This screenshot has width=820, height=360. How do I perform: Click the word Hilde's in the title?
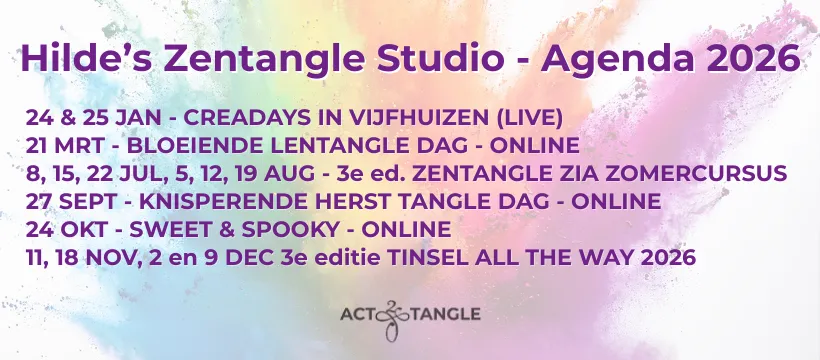click(x=87, y=58)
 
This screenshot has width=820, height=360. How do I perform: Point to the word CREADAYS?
click(x=254, y=118)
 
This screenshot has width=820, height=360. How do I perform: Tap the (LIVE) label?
click(x=529, y=118)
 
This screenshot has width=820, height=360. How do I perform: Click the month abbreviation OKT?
click(x=84, y=229)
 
